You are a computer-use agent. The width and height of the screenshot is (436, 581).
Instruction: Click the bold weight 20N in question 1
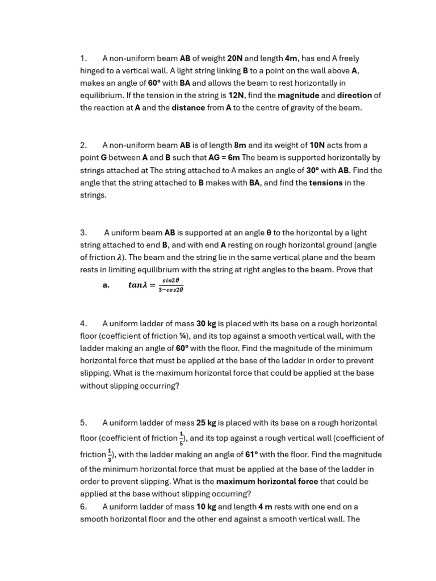click(234, 58)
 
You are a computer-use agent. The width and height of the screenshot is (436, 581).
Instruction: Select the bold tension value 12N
click(236, 95)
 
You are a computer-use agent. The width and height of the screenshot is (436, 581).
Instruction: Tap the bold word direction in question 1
click(354, 95)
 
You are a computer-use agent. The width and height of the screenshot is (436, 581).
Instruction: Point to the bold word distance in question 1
click(188, 108)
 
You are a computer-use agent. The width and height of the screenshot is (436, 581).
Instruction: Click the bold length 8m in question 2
click(240, 145)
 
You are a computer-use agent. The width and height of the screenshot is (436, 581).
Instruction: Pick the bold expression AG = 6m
click(225, 158)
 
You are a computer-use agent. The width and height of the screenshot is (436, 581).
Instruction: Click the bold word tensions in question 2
click(325, 183)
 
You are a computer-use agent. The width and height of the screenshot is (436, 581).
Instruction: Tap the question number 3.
click(83, 233)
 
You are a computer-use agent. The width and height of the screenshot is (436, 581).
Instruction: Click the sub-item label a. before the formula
click(106, 285)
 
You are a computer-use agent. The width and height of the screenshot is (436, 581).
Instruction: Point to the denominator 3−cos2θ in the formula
click(170, 290)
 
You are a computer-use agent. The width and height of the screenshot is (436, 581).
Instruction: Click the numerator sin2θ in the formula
click(170, 280)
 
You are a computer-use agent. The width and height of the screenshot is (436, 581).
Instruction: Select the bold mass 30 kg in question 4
click(206, 324)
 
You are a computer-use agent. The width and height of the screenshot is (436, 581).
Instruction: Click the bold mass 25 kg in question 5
click(206, 423)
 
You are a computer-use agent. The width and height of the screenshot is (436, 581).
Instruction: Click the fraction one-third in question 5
click(110, 454)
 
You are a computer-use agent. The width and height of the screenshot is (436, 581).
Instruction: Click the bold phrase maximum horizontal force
click(267, 482)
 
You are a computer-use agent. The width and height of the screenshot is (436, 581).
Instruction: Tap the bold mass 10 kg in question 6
click(206, 507)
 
